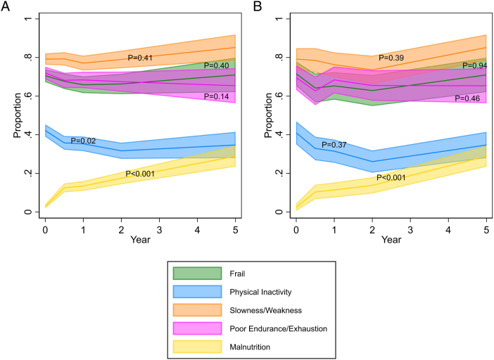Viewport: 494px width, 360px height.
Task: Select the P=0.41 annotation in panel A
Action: tap(140, 57)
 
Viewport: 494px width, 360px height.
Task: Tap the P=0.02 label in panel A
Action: tap(83, 141)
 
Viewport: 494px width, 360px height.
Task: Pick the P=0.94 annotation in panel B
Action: tap(475, 66)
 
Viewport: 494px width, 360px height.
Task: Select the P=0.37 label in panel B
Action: tap(334, 145)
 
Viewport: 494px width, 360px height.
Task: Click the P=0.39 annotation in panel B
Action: tap(391, 57)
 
